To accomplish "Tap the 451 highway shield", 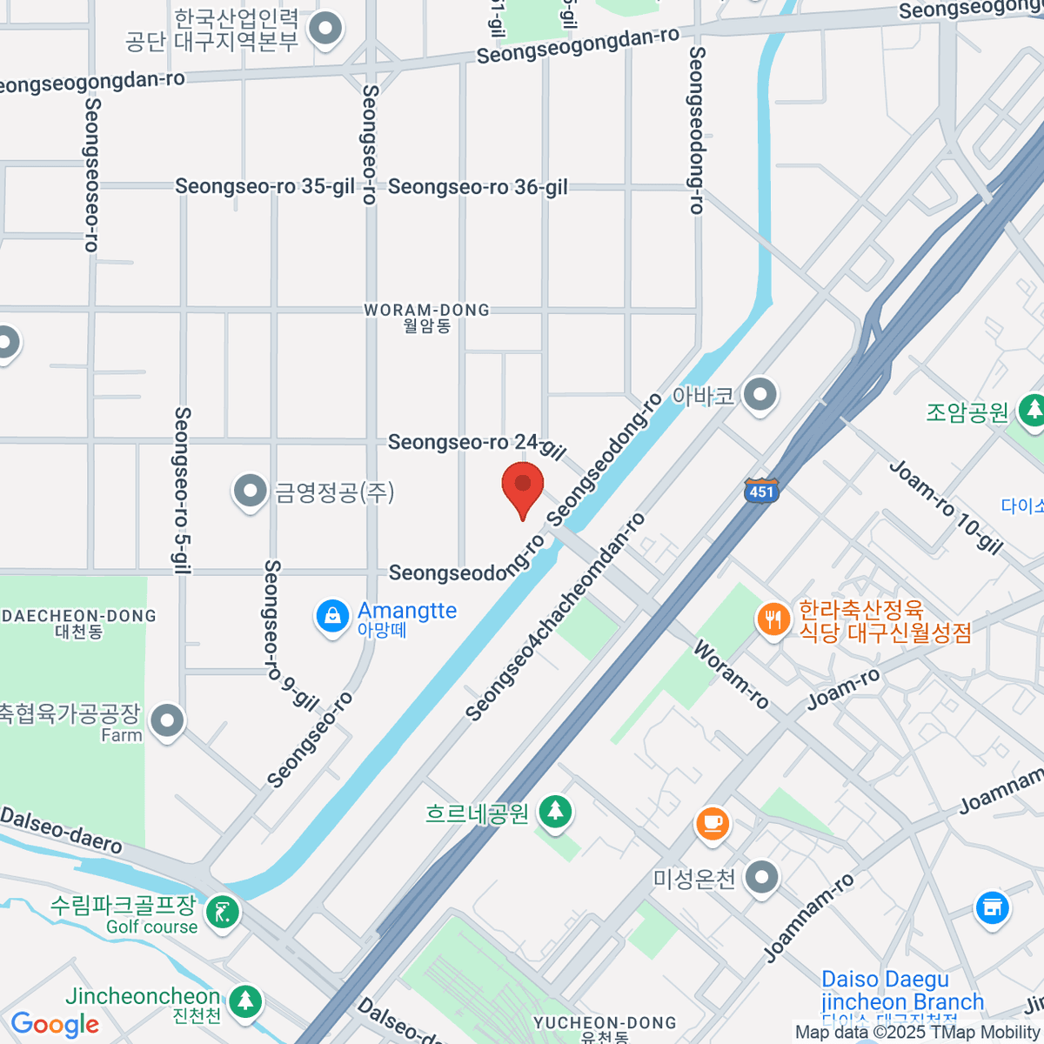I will click(760, 491).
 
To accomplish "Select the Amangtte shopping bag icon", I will click(331, 618).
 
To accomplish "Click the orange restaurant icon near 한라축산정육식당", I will click(773, 620).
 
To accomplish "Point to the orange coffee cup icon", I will click(713, 822).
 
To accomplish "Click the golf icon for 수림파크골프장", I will click(223, 913).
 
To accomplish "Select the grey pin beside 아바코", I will click(761, 395).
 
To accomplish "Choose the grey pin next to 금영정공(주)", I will click(251, 492).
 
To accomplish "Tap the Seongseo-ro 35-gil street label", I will click(265, 186).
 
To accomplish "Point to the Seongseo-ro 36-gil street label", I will click(478, 186).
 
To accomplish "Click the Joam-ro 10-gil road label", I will click(946, 506).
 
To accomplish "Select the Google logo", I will click(55, 1024).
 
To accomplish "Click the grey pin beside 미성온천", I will click(762, 878).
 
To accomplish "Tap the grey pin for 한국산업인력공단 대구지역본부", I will click(326, 29).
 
